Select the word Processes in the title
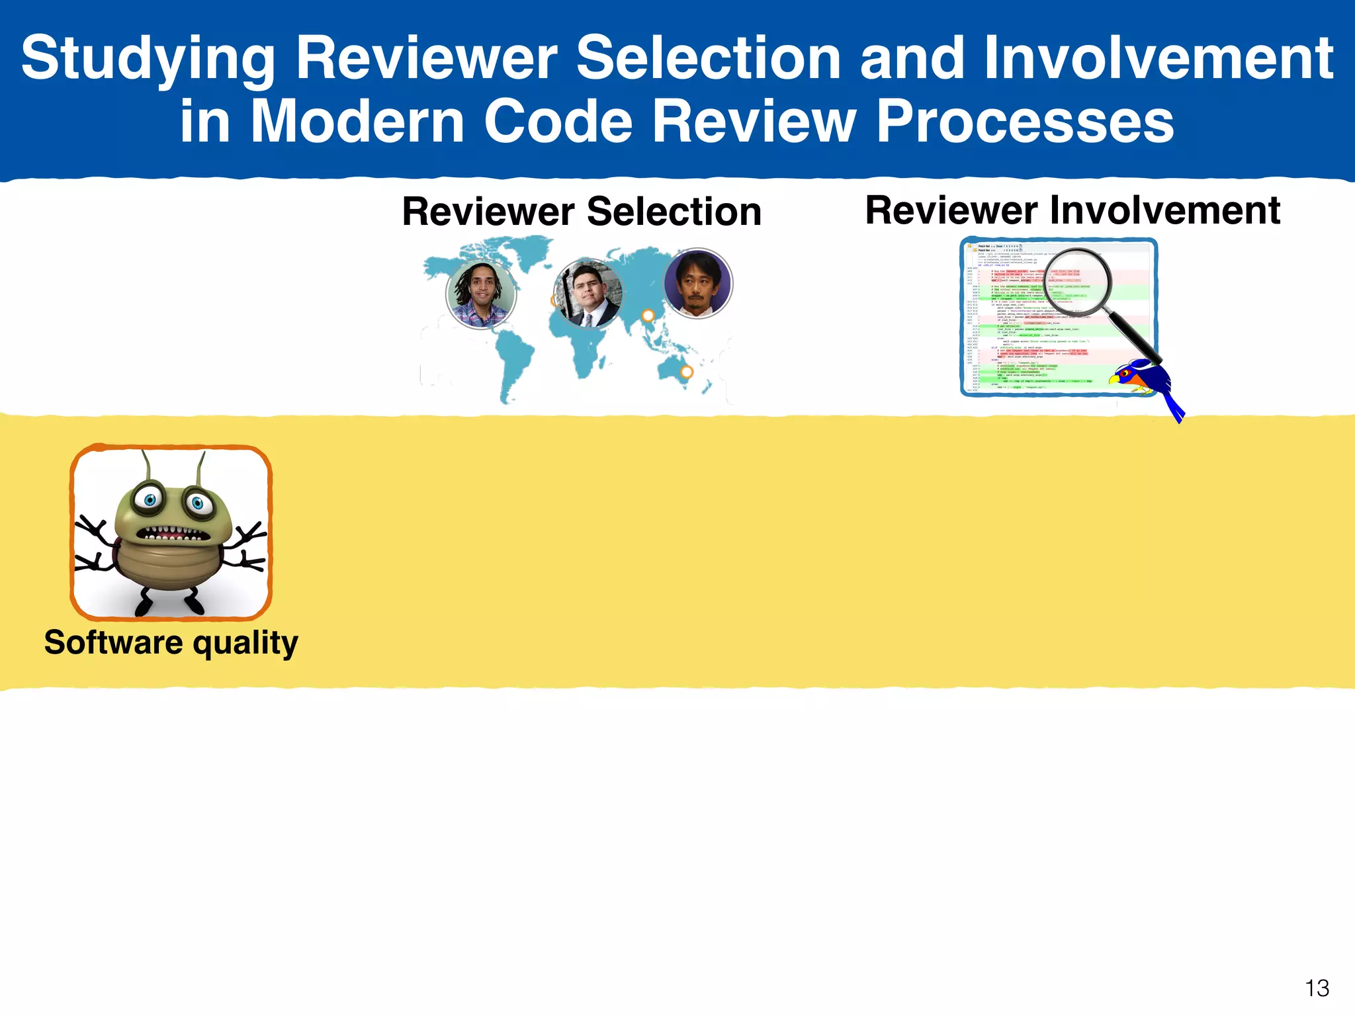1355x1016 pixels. pyautogui.click(x=1024, y=122)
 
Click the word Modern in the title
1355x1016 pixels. pyautogui.click(x=357, y=122)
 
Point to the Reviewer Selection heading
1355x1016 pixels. pyautogui.click(x=582, y=212)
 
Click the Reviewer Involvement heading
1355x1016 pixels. pyautogui.click(x=1072, y=210)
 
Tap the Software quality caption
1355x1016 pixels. pyautogui.click(x=171, y=643)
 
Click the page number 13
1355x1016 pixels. pyautogui.click(x=1317, y=988)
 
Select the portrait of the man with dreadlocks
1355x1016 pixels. pyautogui.click(x=481, y=293)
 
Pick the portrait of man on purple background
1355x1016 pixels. pyautogui.click(x=697, y=284)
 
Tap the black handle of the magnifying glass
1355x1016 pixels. pyautogui.click(x=1131, y=337)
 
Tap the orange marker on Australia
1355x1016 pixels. pyautogui.click(x=687, y=372)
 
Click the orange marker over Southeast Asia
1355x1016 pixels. pyautogui.click(x=648, y=316)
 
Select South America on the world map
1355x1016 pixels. pyautogui.click(x=513, y=360)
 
